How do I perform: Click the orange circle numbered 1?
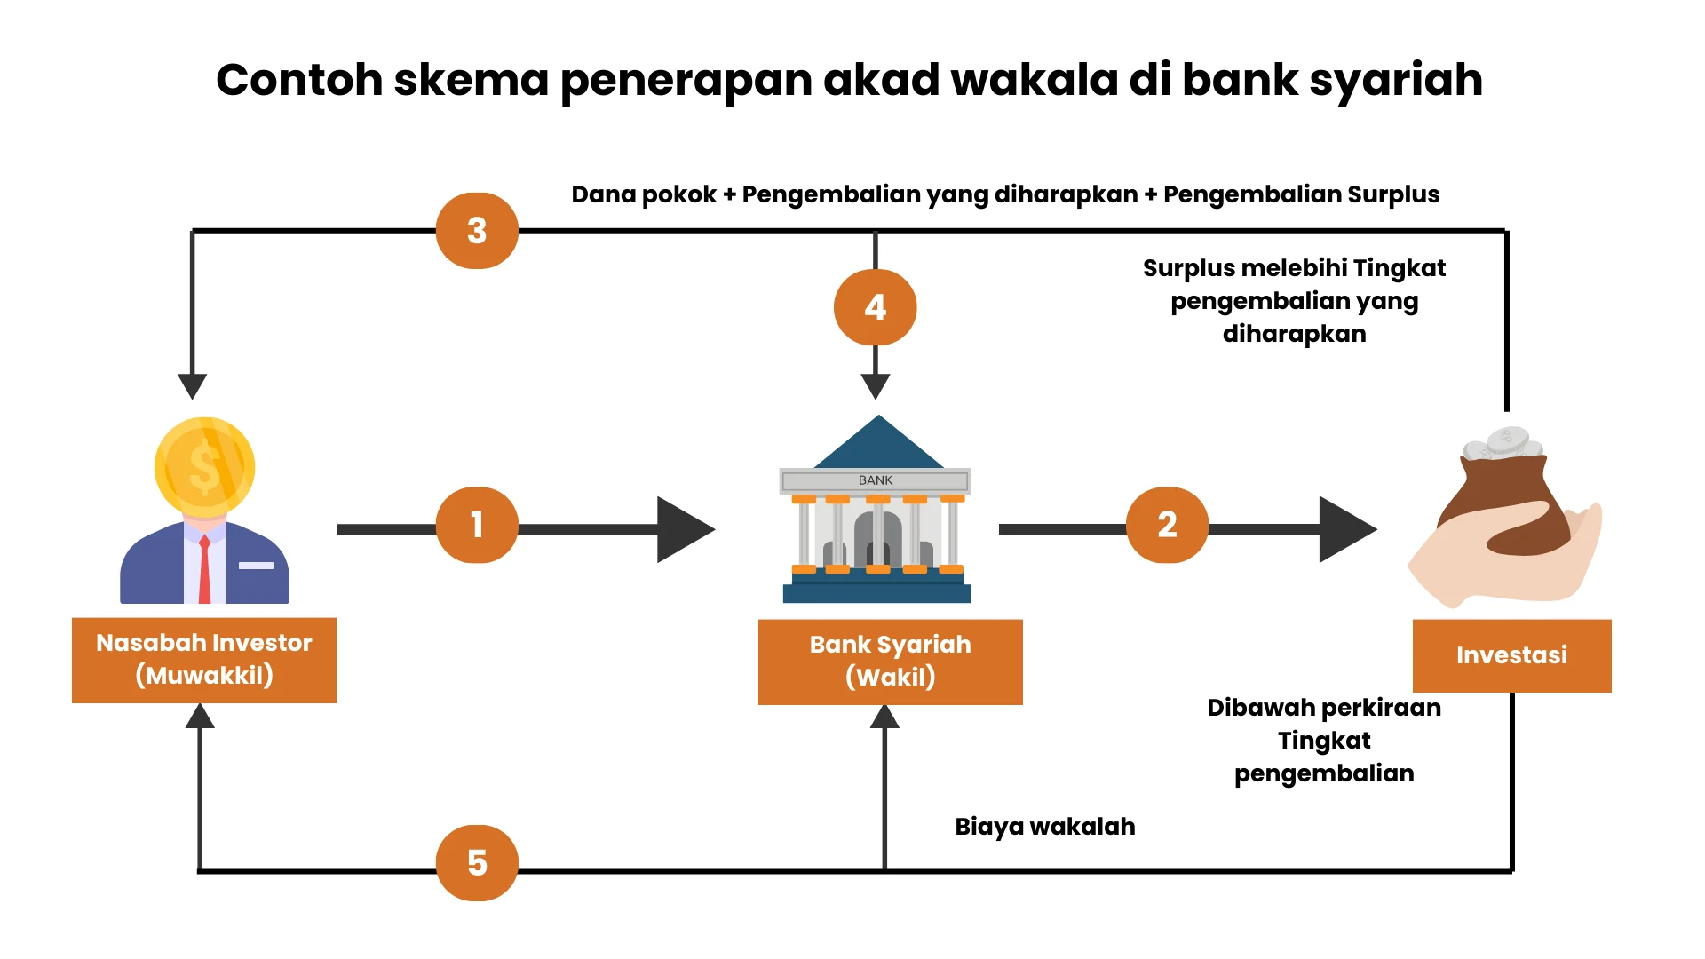(477, 525)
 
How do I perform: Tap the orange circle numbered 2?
(1167, 525)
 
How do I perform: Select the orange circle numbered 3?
(477, 231)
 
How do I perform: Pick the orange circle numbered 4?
(875, 307)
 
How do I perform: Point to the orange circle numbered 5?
(477, 862)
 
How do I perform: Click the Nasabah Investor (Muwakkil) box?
(204, 660)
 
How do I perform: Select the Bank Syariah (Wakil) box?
(890, 662)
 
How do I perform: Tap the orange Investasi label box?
(1511, 655)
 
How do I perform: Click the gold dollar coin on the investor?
(205, 467)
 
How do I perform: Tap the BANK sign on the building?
(876, 480)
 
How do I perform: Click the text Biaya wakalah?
(1044, 827)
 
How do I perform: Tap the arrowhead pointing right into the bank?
(684, 529)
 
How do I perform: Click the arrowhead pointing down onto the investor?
(192, 385)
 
